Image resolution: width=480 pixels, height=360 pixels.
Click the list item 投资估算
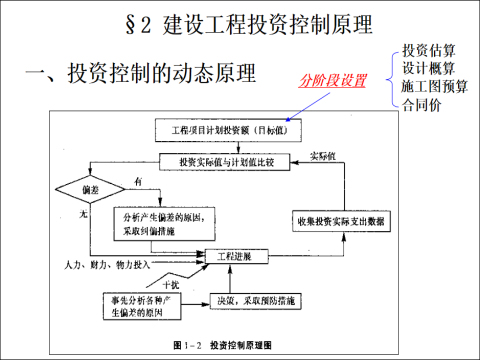point(430,51)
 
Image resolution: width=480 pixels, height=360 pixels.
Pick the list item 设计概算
point(430,68)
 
